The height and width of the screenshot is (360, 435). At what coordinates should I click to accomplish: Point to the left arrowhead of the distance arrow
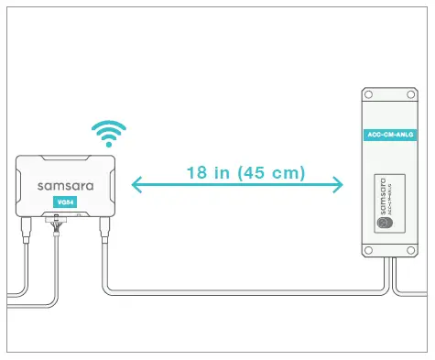136,186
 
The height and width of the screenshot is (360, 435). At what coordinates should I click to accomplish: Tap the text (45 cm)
271,172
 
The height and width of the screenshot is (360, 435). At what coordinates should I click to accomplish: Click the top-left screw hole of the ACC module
369,94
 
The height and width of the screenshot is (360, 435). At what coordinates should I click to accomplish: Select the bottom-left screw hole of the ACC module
369,251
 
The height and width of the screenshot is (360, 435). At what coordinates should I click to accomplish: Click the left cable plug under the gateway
28,225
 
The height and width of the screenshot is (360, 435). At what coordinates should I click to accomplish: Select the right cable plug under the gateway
103,225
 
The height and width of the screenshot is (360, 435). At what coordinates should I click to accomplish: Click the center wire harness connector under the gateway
62,222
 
